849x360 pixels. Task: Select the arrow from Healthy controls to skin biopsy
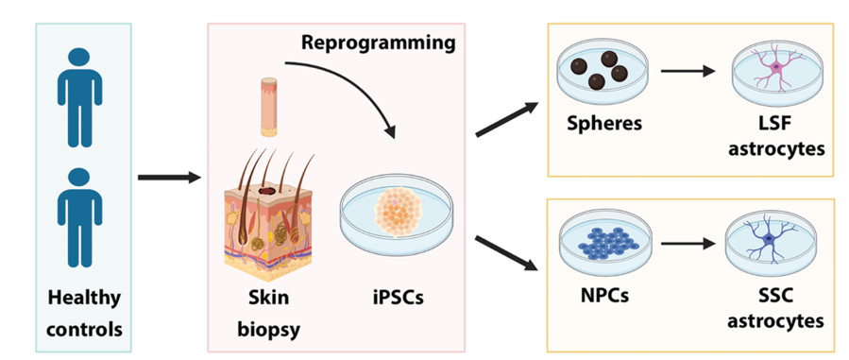pos(169,177)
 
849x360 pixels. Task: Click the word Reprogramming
pos(378,43)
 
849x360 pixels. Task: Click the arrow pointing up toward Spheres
pos(507,119)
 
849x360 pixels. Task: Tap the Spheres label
pos(602,124)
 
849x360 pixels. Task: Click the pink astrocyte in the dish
pos(776,70)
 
